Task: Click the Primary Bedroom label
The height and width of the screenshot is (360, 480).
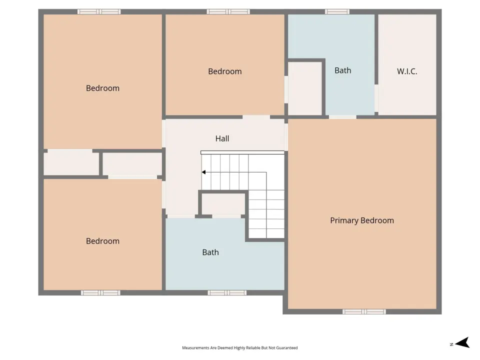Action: point(362,220)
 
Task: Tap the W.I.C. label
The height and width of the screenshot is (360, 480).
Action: point(407,71)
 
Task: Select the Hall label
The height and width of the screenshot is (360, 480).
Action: point(222,138)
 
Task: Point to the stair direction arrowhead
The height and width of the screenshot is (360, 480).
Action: point(203,172)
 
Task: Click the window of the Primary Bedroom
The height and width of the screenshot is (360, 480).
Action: point(364,311)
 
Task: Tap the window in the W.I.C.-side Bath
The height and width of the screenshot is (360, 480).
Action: point(337,11)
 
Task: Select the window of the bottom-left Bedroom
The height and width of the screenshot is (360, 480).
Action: point(100,293)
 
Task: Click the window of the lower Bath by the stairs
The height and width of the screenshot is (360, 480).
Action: point(227,293)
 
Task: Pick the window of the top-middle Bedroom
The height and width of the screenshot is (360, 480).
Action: point(228,11)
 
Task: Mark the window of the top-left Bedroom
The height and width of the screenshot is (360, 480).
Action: point(99,11)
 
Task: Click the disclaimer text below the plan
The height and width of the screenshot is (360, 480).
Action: point(239,348)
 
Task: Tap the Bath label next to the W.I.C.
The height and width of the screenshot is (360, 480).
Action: point(342,70)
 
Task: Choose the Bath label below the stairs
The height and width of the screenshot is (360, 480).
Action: point(210,252)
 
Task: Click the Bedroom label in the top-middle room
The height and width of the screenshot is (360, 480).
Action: point(224,71)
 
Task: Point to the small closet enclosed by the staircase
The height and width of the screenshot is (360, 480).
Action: point(223,204)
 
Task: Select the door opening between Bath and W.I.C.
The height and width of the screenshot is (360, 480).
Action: point(376,98)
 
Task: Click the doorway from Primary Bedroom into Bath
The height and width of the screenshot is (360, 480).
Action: point(342,117)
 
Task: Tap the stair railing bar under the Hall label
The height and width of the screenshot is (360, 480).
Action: point(242,152)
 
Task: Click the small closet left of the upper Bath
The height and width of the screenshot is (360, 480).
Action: point(305,89)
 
